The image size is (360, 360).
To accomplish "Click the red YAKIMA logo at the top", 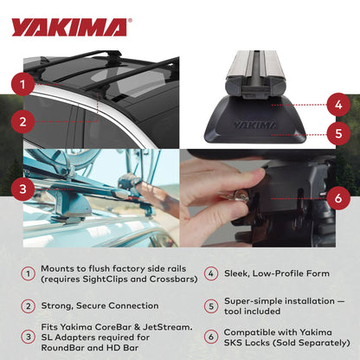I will (68, 27).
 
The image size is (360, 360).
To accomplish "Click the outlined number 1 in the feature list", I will (28, 274).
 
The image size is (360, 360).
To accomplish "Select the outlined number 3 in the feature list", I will (28, 335).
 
